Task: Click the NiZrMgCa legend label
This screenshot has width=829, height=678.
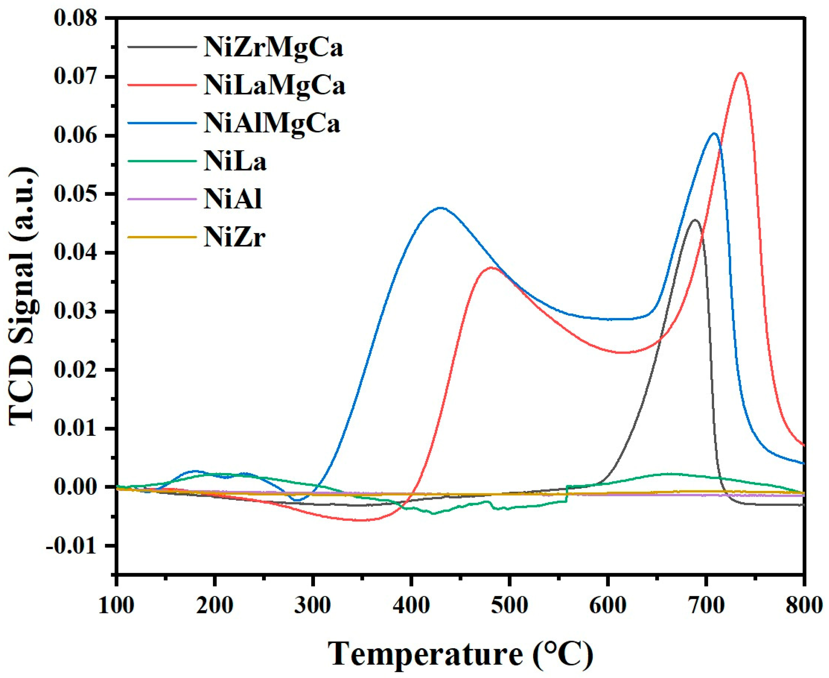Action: [x=273, y=48]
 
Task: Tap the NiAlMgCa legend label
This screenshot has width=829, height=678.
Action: [x=272, y=124]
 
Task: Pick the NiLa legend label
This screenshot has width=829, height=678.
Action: [x=235, y=162]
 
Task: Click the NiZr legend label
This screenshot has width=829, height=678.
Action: [x=234, y=237]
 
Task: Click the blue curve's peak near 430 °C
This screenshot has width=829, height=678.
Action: [x=440, y=208]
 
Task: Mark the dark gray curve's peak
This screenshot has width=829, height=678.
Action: [x=695, y=220]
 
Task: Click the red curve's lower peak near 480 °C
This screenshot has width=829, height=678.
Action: [x=492, y=268]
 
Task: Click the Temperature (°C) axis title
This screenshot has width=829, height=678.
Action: [x=460, y=654]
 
